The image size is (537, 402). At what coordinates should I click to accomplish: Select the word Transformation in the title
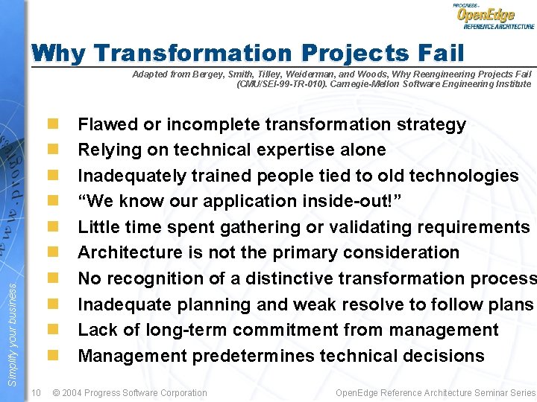point(193,54)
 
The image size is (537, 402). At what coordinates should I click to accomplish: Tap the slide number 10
point(37,392)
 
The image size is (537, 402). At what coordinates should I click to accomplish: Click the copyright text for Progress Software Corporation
point(130,392)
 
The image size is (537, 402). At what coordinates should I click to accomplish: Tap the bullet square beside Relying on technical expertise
point(54,150)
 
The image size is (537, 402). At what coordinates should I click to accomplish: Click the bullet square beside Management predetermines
point(54,356)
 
